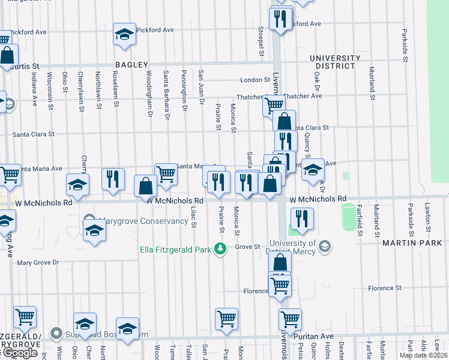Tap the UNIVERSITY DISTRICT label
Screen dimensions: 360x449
point(335,62)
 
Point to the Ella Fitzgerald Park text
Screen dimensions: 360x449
point(176,249)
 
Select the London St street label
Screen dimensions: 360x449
point(255,80)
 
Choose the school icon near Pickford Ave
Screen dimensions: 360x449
point(124,34)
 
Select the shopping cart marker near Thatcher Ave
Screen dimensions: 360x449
point(274,104)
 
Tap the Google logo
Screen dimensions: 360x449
point(20,353)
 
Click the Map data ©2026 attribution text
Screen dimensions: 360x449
point(423,355)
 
